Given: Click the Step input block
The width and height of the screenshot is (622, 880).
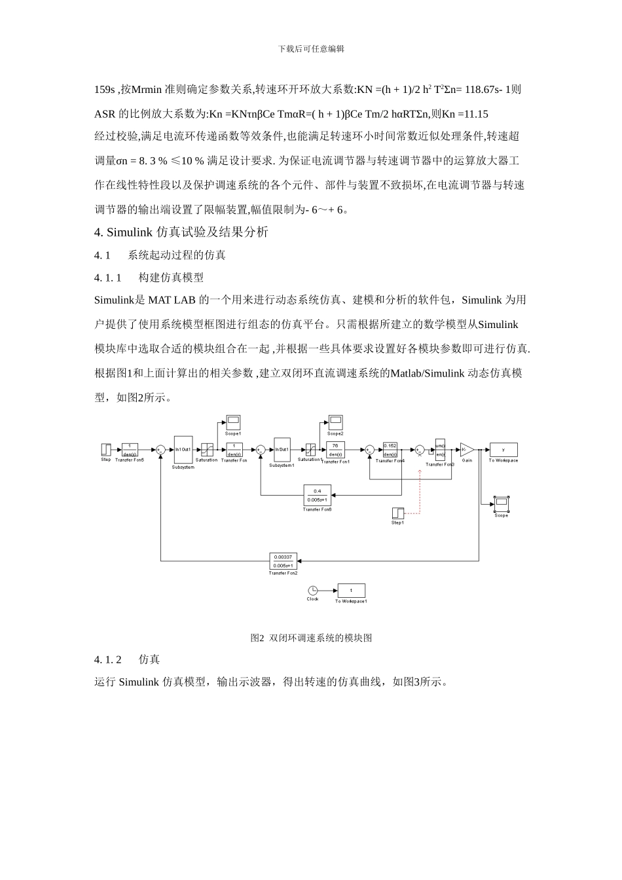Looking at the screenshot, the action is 106,449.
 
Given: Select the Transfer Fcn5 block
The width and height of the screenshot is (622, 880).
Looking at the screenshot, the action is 130,449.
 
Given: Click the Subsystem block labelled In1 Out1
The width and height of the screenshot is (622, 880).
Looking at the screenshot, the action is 183,450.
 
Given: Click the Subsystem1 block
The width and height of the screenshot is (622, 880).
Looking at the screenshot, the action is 282,450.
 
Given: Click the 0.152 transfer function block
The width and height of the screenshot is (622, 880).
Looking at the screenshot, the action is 390,449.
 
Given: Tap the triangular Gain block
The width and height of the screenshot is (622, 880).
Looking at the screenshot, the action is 467,449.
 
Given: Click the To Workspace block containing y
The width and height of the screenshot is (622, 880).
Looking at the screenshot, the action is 503,450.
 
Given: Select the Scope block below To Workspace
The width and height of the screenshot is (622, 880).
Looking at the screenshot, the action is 501,504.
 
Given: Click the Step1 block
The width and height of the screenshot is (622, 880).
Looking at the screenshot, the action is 398,513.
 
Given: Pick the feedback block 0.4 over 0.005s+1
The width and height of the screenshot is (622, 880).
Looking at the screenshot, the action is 317,494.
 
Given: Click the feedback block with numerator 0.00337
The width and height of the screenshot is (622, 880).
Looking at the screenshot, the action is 283,560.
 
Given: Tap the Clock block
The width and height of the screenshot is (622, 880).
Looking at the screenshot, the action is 313,590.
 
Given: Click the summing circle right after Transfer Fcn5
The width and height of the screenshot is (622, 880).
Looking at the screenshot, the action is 160,449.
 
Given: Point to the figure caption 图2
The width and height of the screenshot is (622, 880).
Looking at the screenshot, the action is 311,638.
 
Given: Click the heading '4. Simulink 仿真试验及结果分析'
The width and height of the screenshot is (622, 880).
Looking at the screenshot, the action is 181,232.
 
